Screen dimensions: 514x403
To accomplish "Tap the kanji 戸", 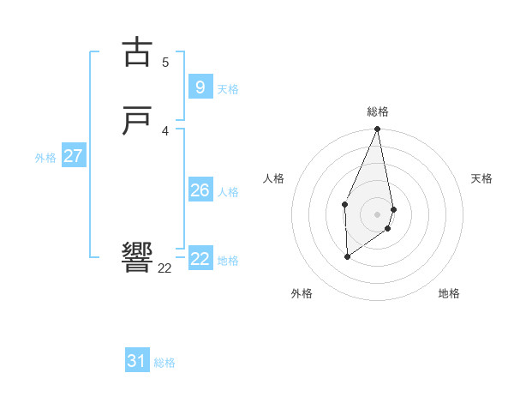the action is point(136,122).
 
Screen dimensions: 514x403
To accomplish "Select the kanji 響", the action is point(136,256).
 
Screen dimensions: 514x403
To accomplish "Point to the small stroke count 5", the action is point(165,62).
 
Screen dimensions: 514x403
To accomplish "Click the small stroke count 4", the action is point(165,131).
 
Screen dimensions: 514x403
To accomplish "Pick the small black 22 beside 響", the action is point(164,268).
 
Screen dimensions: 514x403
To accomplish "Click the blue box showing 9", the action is point(200,87).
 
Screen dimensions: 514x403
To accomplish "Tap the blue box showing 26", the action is point(200,190).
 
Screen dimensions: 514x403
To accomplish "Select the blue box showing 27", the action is point(73,156).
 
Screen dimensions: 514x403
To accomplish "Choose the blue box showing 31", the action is point(136,361).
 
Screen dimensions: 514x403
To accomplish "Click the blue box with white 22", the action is point(200,259).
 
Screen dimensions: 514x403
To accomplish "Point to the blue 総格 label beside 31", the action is point(164,363).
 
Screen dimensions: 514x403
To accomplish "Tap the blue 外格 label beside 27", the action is point(45,158).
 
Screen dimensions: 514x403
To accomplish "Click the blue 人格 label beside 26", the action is point(228,192).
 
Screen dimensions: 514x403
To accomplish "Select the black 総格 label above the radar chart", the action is point(378,111).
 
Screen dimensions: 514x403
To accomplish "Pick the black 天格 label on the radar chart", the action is point(481,178).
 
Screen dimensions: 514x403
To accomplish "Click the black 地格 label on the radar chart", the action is point(449,293).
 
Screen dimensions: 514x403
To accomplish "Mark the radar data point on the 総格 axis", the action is point(378,129).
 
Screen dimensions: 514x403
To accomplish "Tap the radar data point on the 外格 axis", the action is point(347,256).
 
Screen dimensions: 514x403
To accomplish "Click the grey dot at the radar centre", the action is point(378,214).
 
